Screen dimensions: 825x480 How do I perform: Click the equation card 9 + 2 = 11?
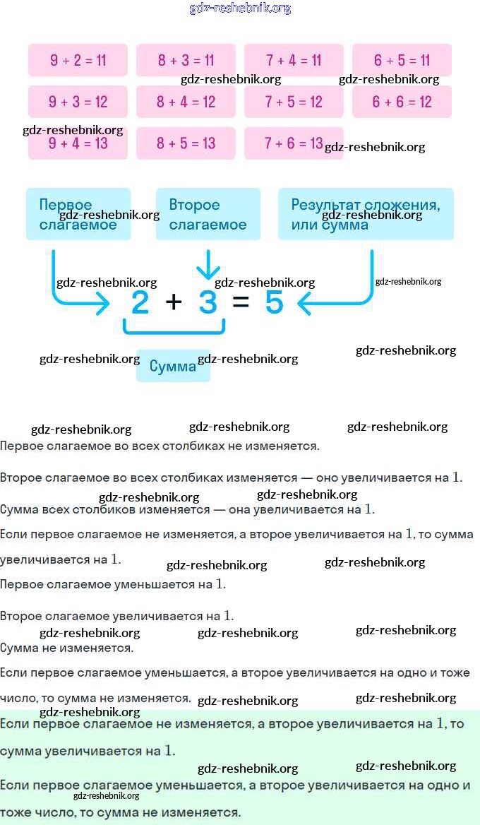(x=78, y=60)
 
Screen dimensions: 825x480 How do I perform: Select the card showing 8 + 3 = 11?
(x=186, y=60)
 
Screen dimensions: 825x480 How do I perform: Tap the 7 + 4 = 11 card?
(x=294, y=60)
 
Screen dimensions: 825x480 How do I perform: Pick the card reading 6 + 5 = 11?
(x=402, y=60)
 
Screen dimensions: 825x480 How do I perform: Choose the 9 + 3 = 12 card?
(x=78, y=102)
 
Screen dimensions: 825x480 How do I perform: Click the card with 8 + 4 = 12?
(x=186, y=102)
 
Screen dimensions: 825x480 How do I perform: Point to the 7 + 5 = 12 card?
(x=294, y=102)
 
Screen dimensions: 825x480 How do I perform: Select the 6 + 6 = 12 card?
(x=402, y=102)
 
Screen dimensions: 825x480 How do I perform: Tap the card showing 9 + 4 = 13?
(x=78, y=143)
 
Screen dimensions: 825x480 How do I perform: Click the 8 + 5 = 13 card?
(x=186, y=143)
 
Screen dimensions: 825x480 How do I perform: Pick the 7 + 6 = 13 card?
(x=294, y=143)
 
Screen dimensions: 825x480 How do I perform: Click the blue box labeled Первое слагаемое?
(x=78, y=214)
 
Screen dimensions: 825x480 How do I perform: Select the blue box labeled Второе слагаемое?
(x=208, y=214)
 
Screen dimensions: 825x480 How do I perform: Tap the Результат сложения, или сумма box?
(x=366, y=214)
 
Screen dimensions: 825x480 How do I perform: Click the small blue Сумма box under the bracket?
(x=173, y=366)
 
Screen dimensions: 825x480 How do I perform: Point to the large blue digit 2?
(x=140, y=303)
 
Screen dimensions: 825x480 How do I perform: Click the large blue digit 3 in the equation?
(x=208, y=303)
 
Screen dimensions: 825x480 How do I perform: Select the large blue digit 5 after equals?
(x=274, y=303)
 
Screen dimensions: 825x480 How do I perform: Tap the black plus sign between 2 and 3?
(x=174, y=302)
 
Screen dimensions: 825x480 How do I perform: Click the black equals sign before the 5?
(x=241, y=302)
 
